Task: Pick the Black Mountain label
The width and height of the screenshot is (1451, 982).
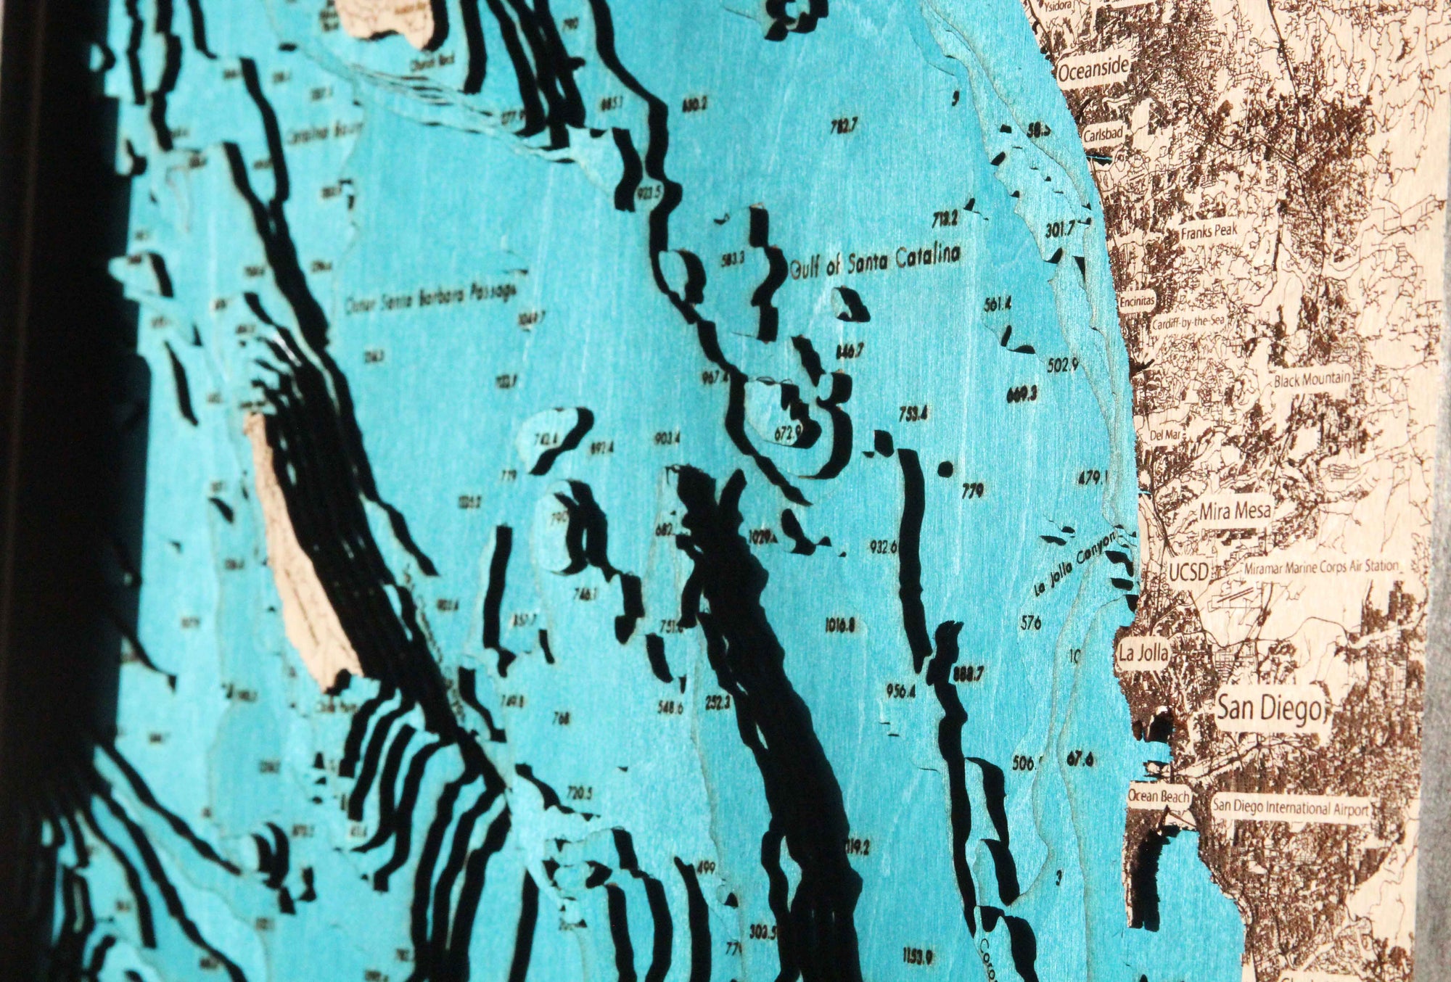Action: (x=1312, y=379)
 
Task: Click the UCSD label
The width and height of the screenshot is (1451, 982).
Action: (x=1189, y=572)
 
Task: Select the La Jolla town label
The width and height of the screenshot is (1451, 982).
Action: (x=1143, y=652)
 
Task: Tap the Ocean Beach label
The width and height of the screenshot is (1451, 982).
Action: (x=1159, y=796)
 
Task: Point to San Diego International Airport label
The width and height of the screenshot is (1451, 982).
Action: (x=1291, y=808)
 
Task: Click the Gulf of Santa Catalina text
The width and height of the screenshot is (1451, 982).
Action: (x=875, y=260)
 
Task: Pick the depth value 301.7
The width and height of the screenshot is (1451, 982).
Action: (x=1059, y=231)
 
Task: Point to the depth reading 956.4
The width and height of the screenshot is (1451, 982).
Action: (x=900, y=691)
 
